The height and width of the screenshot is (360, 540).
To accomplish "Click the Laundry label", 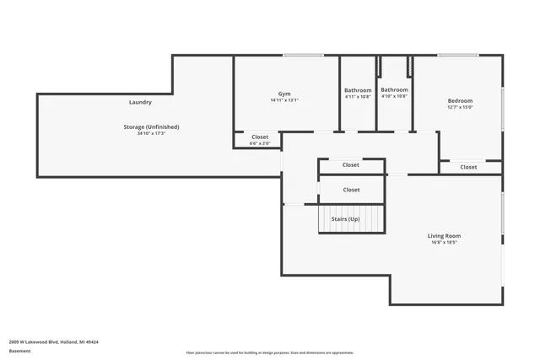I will [140, 102].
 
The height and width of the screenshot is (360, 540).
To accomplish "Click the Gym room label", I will [284, 94].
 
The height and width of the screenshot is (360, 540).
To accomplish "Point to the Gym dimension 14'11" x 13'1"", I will [284, 100].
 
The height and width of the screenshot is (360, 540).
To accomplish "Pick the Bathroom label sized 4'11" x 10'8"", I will [358, 90].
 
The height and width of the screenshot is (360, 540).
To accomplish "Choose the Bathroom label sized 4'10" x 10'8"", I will [394, 89].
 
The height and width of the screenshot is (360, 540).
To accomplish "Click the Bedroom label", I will [460, 100].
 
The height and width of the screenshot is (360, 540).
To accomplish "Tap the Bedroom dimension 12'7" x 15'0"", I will [460, 107].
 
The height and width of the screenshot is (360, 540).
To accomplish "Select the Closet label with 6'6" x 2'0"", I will [260, 137].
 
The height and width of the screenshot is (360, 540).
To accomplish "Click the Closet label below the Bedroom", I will [468, 167].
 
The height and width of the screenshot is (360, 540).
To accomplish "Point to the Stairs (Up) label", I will [345, 218].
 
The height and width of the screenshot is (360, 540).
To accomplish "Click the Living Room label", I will [444, 236].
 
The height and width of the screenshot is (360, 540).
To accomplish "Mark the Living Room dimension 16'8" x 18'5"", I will [444, 243].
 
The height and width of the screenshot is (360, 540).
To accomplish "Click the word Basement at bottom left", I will [19, 351].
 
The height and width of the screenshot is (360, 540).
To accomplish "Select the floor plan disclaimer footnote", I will [270, 352].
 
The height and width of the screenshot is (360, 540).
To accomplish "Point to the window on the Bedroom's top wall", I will [458, 56].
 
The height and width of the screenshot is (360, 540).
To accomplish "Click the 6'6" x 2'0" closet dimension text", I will [260, 143].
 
